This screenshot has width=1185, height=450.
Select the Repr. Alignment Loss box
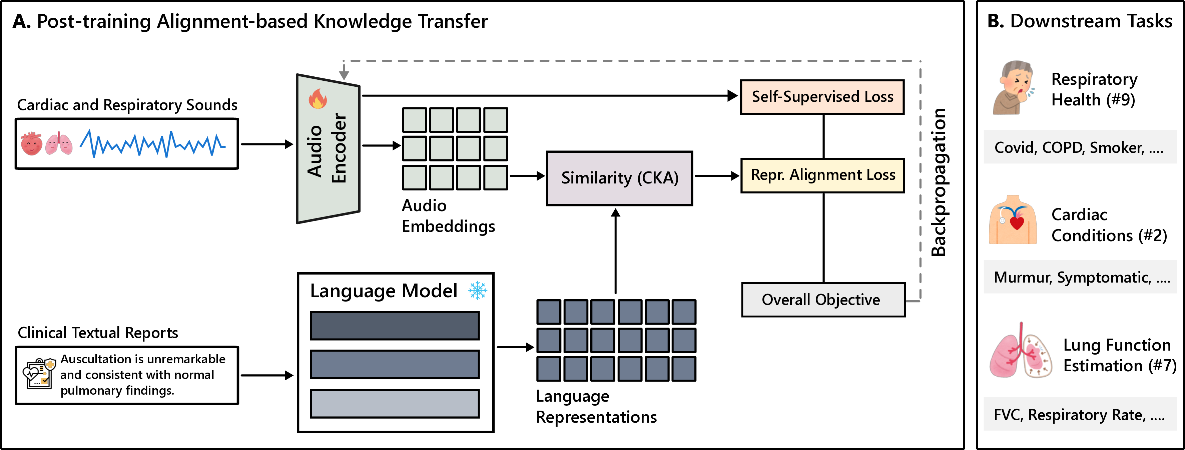(x=822, y=175)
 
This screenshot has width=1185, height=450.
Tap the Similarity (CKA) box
(x=619, y=178)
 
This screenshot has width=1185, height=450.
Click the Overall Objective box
(x=823, y=300)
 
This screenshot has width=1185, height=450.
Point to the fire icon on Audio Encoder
(x=318, y=98)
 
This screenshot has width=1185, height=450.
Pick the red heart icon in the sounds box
(x=31, y=143)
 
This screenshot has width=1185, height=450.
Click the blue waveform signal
(x=152, y=143)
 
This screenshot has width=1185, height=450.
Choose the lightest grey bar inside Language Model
(x=394, y=404)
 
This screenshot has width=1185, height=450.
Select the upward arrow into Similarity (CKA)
(x=615, y=251)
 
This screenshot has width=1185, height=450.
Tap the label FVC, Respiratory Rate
(x=1078, y=415)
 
